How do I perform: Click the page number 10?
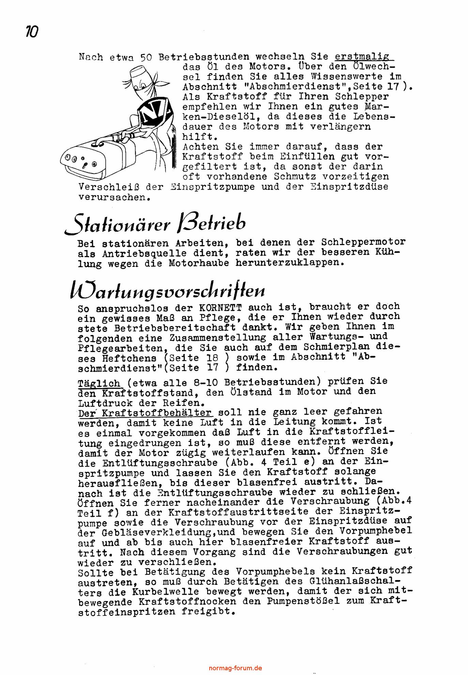pos(32,32)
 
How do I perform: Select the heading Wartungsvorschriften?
pos(167,290)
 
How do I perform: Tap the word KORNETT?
pos(220,308)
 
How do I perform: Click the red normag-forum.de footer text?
pos(235,668)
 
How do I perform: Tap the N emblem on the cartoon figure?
pos(153,113)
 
